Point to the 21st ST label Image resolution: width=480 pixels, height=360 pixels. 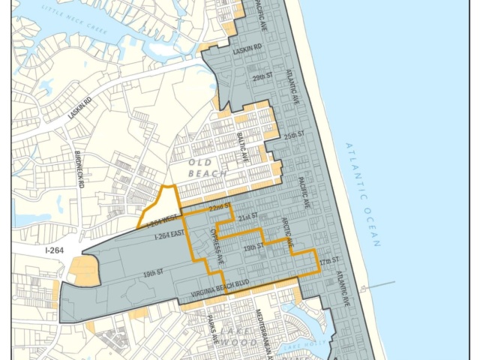(x=247, y=216)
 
